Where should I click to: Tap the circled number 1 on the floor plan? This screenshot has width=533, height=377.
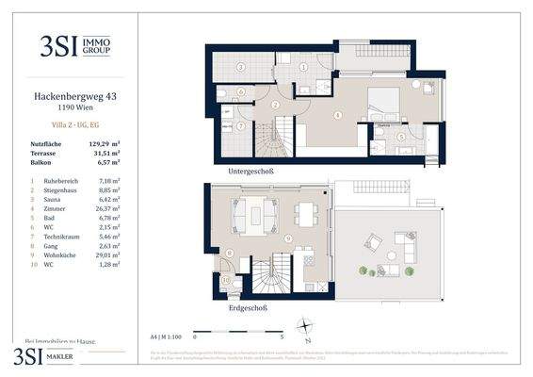[x=303, y=66]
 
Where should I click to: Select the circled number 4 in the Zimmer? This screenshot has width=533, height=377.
[x=337, y=116]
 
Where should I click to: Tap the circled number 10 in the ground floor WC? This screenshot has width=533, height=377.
[x=225, y=279]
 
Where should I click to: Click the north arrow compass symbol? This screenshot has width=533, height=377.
[x=304, y=327]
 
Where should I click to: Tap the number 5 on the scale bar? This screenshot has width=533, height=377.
[x=282, y=335]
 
